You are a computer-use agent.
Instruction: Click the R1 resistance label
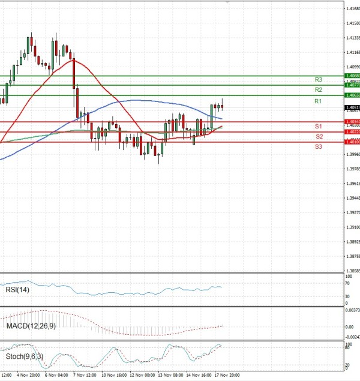click(318, 101)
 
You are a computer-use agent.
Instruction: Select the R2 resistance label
click(319, 89)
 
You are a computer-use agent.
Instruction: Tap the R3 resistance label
click(319, 79)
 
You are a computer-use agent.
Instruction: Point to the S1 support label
click(319, 127)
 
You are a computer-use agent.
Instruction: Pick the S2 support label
click(319, 136)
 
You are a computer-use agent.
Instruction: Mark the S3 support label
click(319, 146)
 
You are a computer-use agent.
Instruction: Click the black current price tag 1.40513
click(352, 107)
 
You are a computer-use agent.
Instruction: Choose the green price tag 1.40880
click(352, 76)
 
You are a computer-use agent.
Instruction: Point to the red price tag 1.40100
click(352, 142)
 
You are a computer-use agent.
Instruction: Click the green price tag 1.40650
click(352, 95)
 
